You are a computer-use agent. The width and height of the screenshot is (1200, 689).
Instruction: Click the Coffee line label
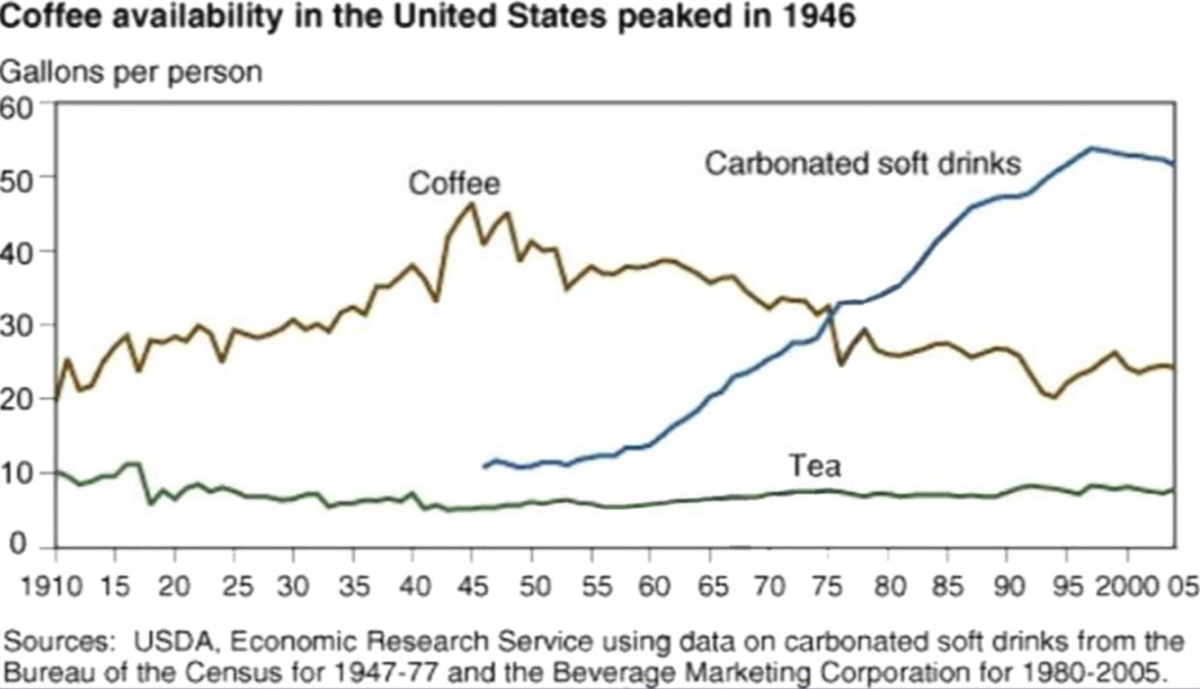click(455, 183)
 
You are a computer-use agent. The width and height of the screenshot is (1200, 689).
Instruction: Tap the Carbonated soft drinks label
click(862, 163)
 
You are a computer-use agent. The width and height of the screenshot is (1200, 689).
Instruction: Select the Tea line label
click(815, 467)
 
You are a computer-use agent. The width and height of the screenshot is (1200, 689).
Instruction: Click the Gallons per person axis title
click(131, 72)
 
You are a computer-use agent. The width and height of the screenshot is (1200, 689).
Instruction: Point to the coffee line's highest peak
click(471, 204)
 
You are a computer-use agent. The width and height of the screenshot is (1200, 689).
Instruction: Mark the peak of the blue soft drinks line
click(1091, 147)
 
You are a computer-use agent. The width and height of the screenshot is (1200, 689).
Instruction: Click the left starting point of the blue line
click(484, 467)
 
